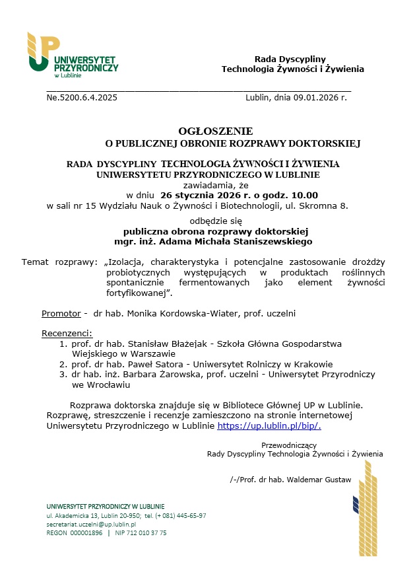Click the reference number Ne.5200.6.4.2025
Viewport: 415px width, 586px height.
(x=82, y=98)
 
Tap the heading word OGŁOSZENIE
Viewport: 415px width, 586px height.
(x=215, y=131)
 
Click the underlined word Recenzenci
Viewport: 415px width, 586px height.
(x=67, y=333)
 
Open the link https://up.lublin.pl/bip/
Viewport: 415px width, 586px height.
(x=269, y=426)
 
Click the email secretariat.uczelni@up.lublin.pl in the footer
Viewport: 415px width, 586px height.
(x=90, y=524)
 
